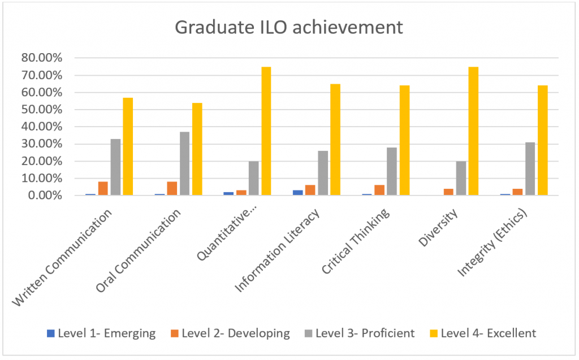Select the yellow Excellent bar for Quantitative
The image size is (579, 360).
tap(266, 131)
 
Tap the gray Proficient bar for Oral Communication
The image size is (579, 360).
tap(184, 164)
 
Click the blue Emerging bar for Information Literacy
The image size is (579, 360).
tap(297, 193)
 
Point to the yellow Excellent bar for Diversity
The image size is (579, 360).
tap(474, 131)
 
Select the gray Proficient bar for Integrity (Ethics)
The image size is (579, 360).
tap(530, 169)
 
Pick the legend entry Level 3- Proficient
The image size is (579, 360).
tap(359, 333)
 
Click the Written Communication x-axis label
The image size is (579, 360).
tap(62, 257)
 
